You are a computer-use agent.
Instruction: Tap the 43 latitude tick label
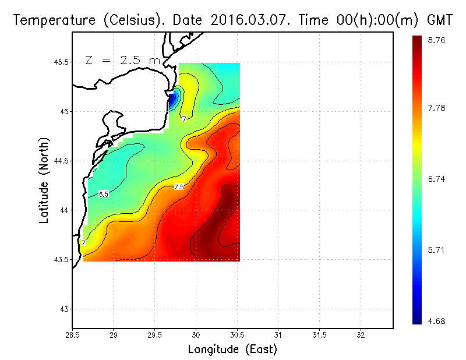[64, 309]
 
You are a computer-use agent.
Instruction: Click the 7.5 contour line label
[179, 186]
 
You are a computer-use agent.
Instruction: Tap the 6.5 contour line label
[104, 194]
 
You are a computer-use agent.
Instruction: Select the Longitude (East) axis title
[232, 350]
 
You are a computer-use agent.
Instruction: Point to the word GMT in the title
[440, 20]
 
